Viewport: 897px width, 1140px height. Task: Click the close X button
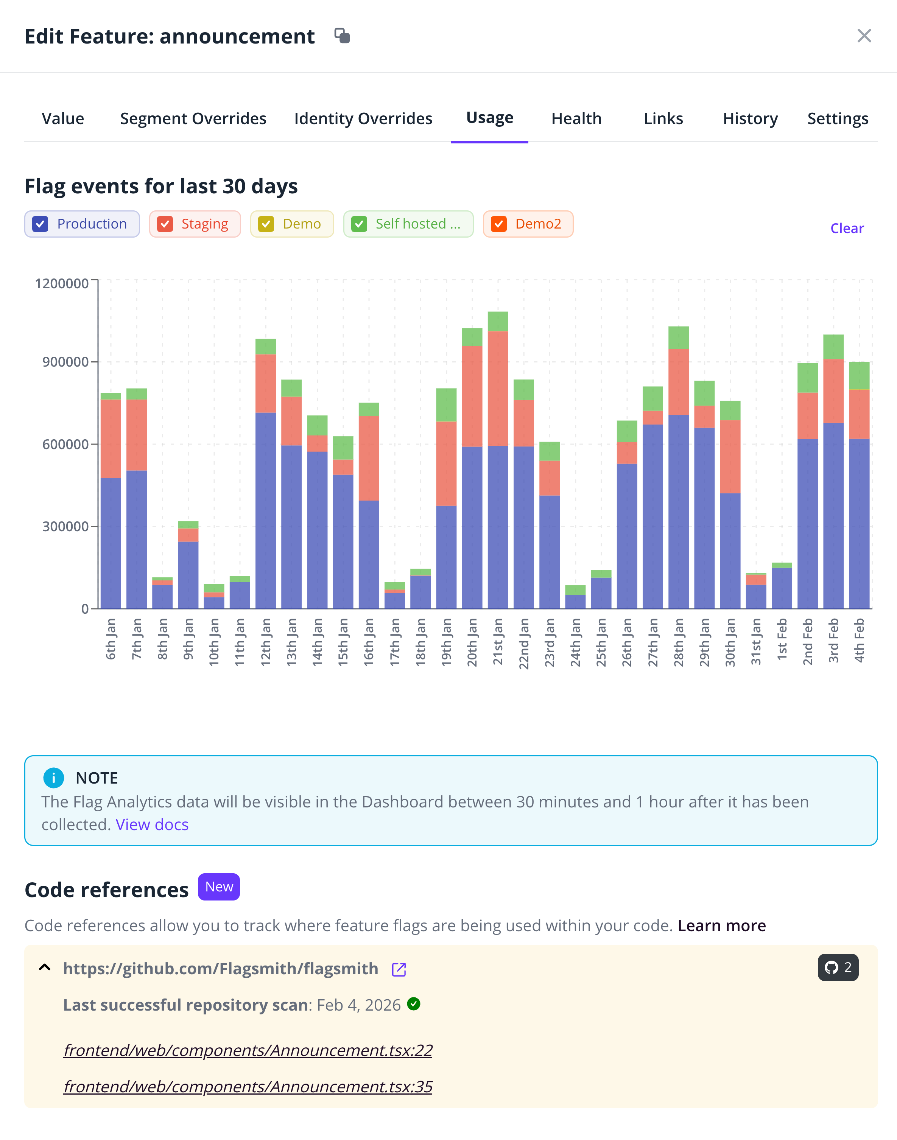[864, 36]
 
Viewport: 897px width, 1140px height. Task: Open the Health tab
[576, 119]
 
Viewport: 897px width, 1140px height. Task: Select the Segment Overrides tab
[193, 119]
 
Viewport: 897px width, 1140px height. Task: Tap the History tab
[750, 119]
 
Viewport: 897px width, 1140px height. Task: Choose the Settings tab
[838, 119]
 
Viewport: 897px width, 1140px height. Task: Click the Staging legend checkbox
[165, 224]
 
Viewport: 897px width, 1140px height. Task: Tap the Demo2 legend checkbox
[498, 224]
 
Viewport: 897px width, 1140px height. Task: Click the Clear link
[847, 228]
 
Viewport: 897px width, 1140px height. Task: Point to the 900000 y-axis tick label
[65, 362]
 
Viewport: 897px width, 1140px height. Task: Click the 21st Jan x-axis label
[498, 641]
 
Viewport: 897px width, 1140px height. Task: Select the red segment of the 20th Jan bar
[472, 396]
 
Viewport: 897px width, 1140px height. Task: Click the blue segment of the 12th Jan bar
[266, 509]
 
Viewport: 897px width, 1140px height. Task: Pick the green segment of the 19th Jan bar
[446, 405]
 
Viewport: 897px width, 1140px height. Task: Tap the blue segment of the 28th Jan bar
[679, 512]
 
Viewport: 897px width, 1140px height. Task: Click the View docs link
[152, 824]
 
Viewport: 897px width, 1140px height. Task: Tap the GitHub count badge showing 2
[838, 967]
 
